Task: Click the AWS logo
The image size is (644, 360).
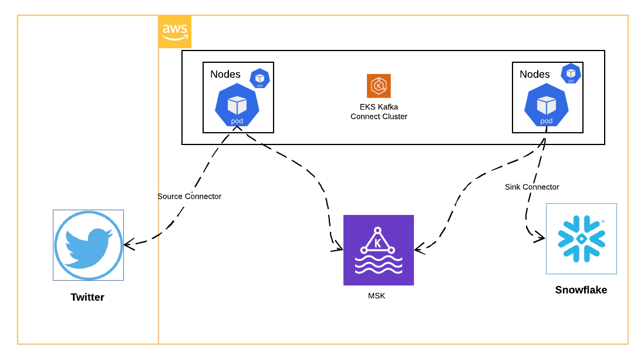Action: (x=174, y=32)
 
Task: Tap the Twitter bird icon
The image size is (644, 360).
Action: (x=88, y=245)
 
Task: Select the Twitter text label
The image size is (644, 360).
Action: (x=87, y=297)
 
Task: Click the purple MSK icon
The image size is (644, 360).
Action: (x=379, y=250)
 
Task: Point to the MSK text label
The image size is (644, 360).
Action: (x=377, y=296)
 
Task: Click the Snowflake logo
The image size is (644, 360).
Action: (x=581, y=239)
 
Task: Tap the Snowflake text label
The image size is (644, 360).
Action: (x=581, y=290)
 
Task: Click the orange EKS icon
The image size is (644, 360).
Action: (x=379, y=86)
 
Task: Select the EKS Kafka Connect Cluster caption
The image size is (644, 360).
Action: (x=379, y=112)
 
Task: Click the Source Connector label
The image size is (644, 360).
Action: (x=190, y=196)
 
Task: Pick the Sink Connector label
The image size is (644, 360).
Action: (x=532, y=187)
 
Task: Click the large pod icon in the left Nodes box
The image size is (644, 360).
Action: (x=237, y=105)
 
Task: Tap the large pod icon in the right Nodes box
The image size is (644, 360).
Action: (x=546, y=105)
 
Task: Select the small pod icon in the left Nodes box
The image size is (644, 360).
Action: (x=259, y=79)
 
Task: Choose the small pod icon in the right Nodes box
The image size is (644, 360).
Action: (x=571, y=73)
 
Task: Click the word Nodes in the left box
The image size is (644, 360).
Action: (x=225, y=74)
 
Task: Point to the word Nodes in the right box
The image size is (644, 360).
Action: (x=535, y=74)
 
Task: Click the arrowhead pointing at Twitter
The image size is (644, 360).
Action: (x=129, y=245)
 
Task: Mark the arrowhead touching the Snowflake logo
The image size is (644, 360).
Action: (x=540, y=237)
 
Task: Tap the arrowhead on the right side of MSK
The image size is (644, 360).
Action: (x=420, y=249)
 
